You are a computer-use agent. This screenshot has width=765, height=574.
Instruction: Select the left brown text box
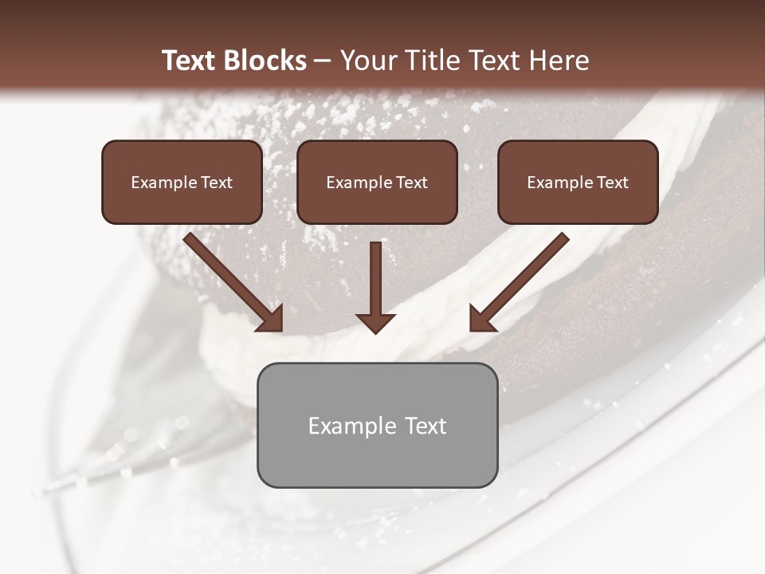point(182,182)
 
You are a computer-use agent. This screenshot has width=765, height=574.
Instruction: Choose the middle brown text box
point(377,182)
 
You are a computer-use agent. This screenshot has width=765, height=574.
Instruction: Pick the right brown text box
point(578,182)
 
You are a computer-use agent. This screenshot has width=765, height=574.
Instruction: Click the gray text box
point(377,425)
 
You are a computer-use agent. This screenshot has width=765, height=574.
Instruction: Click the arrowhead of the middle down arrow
point(375,322)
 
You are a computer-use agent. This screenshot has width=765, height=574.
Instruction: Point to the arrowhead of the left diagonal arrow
point(271,320)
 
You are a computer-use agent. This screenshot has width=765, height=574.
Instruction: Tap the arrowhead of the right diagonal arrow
point(481,320)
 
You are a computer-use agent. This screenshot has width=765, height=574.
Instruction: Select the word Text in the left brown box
point(216,183)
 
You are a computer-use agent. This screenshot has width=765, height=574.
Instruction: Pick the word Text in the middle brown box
point(411,183)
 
